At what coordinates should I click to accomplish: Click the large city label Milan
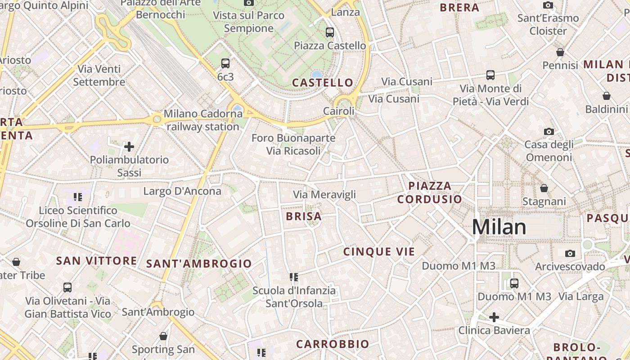[x=499, y=227]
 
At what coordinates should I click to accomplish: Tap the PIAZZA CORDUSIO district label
[x=429, y=192]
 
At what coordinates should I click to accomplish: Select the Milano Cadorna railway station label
[x=203, y=120]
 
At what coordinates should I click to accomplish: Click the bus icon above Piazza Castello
[x=330, y=32]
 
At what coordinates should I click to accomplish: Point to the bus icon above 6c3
[x=225, y=63]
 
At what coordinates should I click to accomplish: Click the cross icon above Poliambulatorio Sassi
[x=129, y=147]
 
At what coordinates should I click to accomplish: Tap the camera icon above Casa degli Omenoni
[x=549, y=131]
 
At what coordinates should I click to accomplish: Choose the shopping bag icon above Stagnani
[x=544, y=188]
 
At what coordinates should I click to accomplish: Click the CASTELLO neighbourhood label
[x=323, y=83]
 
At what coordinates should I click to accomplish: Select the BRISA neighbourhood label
[x=304, y=216]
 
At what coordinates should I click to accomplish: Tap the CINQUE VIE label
[x=379, y=252]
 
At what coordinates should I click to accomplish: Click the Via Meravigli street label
[x=324, y=195]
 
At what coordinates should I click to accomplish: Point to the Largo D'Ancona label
[x=182, y=191]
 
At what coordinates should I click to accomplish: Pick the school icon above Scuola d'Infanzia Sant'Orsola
[x=294, y=277]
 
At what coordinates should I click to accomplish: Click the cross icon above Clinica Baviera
[x=494, y=317]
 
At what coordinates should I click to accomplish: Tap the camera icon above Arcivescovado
[x=570, y=253]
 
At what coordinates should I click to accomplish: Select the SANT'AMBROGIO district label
[x=199, y=264]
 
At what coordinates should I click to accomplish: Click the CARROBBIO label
[x=333, y=344]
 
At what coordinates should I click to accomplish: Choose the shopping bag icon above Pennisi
[x=560, y=53]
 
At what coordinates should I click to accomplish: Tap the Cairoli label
[x=339, y=111]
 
